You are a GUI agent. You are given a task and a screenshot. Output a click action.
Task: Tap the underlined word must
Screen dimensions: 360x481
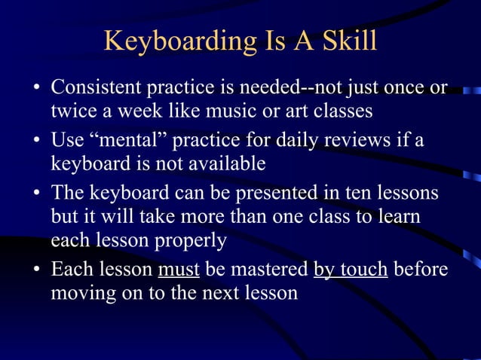tap(179, 268)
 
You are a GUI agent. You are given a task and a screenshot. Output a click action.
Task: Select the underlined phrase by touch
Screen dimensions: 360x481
tap(351, 268)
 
